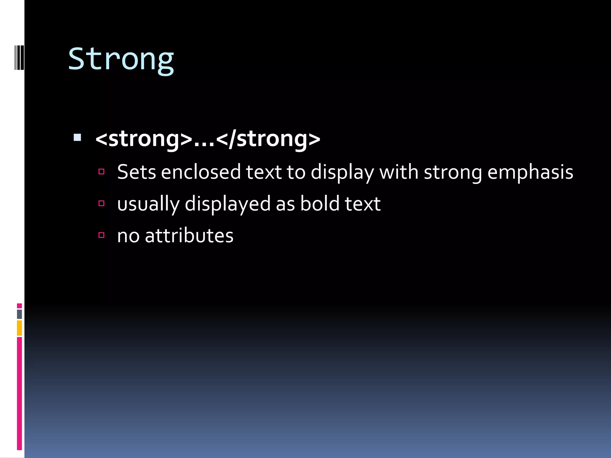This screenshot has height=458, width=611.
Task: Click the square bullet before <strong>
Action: (77, 137)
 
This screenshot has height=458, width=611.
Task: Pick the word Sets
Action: (136, 172)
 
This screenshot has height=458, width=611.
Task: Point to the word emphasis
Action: (530, 173)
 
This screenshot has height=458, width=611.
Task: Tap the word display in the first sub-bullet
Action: (342, 173)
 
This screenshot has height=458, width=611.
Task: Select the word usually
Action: (148, 204)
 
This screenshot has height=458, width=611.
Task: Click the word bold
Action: (320, 204)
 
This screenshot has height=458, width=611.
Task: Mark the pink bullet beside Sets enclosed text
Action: (101, 171)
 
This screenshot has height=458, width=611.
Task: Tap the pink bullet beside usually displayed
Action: (101, 203)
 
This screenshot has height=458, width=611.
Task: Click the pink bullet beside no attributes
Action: (101, 235)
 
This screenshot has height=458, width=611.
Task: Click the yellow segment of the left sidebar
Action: (19, 328)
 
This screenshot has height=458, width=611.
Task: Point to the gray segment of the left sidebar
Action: (19, 314)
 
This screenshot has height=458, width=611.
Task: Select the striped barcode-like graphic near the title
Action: (19, 57)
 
